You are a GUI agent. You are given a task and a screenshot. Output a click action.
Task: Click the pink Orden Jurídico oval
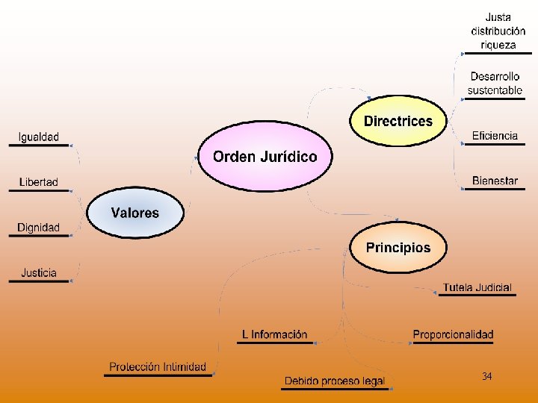coord(265,157)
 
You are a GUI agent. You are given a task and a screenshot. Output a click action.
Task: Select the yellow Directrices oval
coord(398,121)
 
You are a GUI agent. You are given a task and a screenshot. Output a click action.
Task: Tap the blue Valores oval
coord(135,213)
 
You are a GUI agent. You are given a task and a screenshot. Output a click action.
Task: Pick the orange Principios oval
coord(398,248)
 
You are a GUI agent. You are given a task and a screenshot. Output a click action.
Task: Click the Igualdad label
coord(39,137)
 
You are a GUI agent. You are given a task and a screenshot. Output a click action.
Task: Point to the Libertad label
coord(39,183)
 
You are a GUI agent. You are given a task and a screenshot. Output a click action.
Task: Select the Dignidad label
coord(39,228)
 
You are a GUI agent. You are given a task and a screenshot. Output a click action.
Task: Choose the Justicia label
coord(39,273)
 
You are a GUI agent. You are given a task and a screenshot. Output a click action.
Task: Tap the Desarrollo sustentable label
coord(495,83)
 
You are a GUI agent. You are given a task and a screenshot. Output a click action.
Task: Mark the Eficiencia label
coord(495,136)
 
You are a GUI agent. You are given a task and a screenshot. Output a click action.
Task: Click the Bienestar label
coord(495,181)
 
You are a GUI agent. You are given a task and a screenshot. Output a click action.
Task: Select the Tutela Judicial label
coord(477,287)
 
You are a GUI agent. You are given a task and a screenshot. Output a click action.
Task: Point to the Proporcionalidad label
coord(453,335)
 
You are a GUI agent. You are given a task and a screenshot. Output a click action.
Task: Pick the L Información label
coord(274,335)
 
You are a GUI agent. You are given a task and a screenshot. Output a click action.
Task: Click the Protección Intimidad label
coord(158,367)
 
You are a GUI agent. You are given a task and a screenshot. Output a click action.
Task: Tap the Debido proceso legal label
coord(334,381)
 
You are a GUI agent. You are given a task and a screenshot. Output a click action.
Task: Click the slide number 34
coord(487,377)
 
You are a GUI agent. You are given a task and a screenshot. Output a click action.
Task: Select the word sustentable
coord(495,90)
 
